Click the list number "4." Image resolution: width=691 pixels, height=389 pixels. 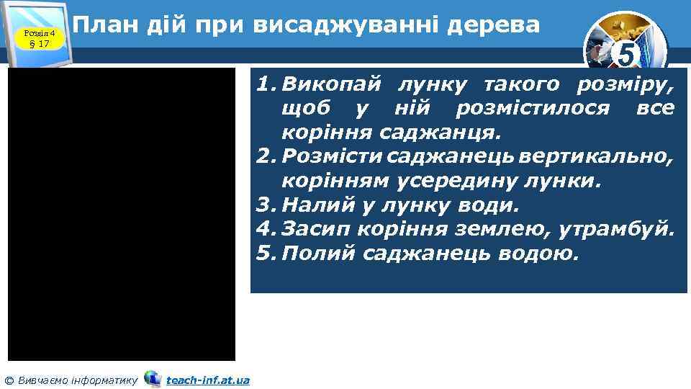tap(266, 231)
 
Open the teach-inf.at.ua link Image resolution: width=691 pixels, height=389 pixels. tap(208, 380)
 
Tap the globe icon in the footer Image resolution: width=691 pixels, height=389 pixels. tap(153, 379)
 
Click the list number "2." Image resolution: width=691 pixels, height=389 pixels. tap(266, 157)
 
